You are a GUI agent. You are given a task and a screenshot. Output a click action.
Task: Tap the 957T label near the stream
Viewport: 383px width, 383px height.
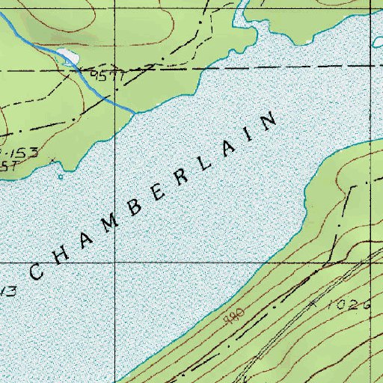104,76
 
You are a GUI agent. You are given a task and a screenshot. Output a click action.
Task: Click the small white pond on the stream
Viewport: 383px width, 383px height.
67,56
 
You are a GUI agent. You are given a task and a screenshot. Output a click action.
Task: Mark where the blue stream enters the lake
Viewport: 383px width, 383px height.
135,112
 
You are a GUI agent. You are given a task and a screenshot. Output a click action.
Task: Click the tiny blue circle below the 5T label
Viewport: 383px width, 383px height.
60,177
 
